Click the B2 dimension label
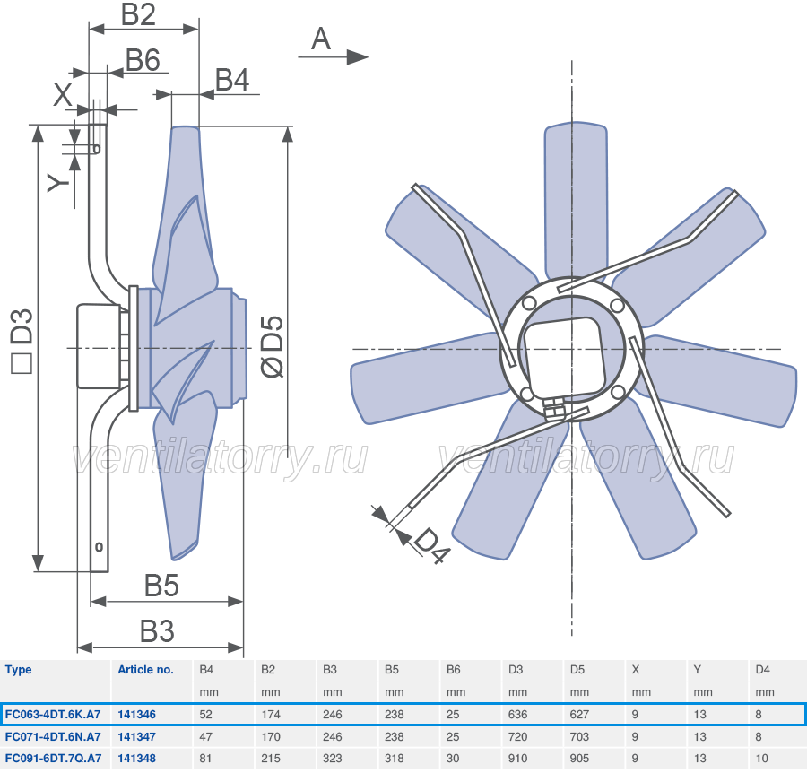tap(138, 14)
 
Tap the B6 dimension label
tap(143, 60)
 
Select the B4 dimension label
tap(232, 80)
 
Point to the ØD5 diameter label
tap(273, 346)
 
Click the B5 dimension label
tap(161, 586)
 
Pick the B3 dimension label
tap(157, 631)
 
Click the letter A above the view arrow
tap(321, 39)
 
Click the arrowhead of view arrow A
tap(358, 56)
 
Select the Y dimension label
tap(58, 183)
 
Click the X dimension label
tap(63, 95)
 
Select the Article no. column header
tap(145, 670)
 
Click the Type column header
tap(18, 670)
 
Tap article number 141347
tap(136, 736)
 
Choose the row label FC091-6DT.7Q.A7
tap(53, 758)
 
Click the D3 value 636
tap(517, 715)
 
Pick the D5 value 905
tap(579, 758)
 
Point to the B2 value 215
tap(270, 758)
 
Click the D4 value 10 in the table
tap(761, 758)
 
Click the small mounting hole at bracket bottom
tap(100, 546)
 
